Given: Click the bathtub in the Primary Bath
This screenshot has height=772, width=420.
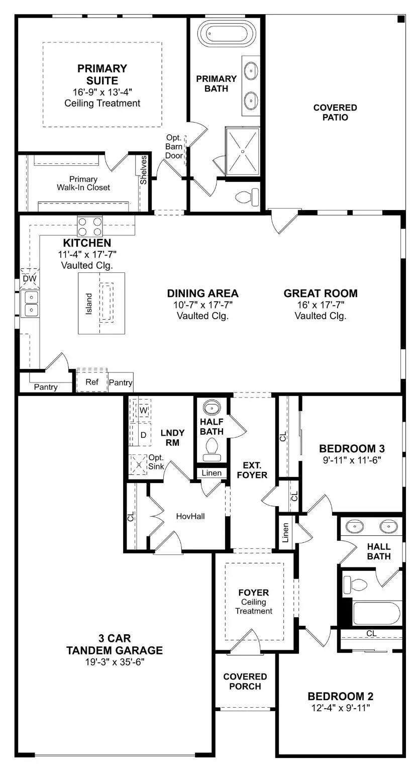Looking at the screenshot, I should pyautogui.click(x=224, y=34).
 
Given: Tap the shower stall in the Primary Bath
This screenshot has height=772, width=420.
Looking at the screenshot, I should pyautogui.click(x=242, y=151).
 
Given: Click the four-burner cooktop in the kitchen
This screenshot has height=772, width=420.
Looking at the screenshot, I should pyautogui.click(x=90, y=226).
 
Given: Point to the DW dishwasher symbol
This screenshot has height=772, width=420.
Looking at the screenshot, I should pyautogui.click(x=29, y=278).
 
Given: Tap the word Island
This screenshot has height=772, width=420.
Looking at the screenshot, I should pyautogui.click(x=89, y=304).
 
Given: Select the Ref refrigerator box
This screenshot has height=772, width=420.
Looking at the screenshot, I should pyautogui.click(x=91, y=382).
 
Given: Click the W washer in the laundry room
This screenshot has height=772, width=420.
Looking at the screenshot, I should pyautogui.click(x=143, y=410).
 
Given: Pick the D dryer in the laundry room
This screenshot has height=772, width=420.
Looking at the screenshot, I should pyautogui.click(x=143, y=435).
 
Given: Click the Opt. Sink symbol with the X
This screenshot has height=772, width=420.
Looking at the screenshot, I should pyautogui.click(x=139, y=465).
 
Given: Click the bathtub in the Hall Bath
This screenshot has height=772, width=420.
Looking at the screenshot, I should pyautogui.click(x=376, y=613).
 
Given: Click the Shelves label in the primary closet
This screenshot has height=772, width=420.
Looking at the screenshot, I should pyautogui.click(x=144, y=169).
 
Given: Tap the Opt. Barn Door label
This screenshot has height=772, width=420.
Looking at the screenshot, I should pyautogui.click(x=174, y=146).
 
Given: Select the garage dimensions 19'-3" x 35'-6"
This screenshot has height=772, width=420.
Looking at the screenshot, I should pyautogui.click(x=115, y=662).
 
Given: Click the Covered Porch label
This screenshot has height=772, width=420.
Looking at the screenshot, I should pyautogui.click(x=245, y=682).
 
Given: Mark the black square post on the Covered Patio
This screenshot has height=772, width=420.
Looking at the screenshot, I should pyautogui.click(x=401, y=19).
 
